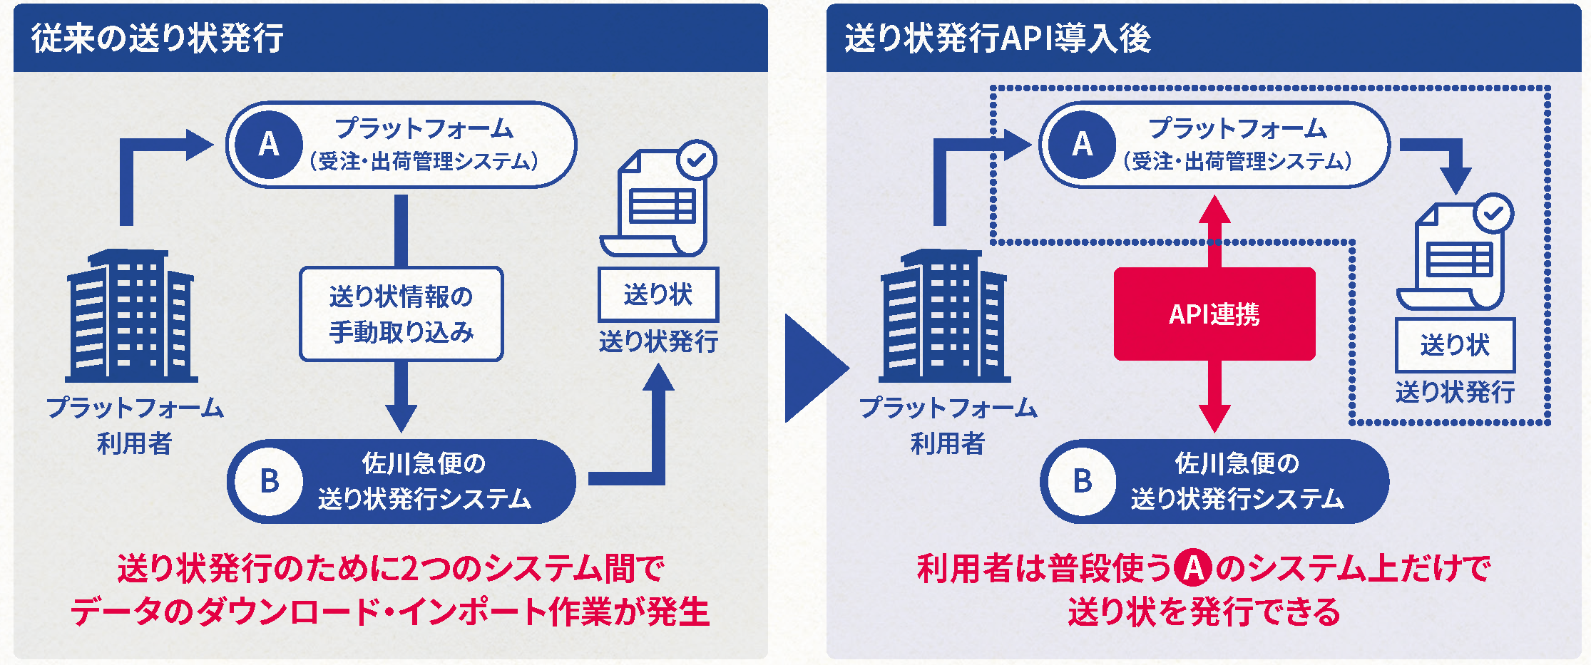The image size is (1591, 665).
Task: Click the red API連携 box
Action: point(1214,314)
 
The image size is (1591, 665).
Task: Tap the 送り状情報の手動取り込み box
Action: point(401,314)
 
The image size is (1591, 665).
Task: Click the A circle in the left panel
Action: point(269,145)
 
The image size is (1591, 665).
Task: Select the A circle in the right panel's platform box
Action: point(1082,145)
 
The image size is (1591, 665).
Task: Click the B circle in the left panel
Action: point(269,481)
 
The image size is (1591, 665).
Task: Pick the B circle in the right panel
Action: point(1082,481)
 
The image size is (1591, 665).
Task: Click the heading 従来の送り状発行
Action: point(157,38)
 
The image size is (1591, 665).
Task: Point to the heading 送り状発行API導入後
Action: point(997,38)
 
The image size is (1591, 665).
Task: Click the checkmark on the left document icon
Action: point(697,160)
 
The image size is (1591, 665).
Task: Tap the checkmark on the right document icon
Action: point(1493,213)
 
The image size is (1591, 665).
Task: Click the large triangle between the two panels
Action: point(814,368)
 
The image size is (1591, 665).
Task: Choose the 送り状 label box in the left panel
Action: point(658,294)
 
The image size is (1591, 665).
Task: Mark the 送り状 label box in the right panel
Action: point(1455,345)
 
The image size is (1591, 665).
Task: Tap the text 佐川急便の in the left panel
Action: point(424,463)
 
